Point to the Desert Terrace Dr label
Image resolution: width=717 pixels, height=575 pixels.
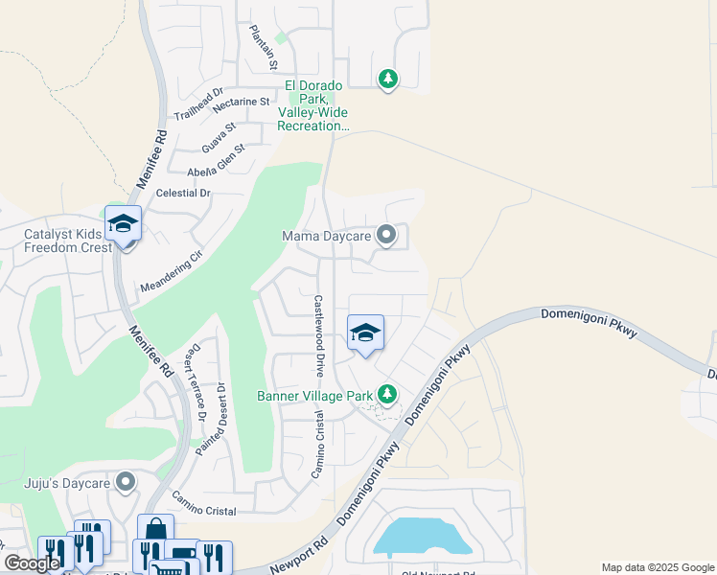coord(197,381)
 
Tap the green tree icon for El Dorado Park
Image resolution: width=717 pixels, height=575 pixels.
coord(387,79)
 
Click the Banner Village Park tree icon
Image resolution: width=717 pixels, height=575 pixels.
coord(386,394)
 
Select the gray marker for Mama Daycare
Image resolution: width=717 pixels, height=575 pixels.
coord(386,235)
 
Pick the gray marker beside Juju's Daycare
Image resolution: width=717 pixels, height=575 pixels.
coord(126,481)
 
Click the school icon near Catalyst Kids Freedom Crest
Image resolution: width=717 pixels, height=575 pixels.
coord(123,224)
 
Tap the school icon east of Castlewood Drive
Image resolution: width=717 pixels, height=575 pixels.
coord(365,333)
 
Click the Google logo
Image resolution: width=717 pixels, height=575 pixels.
coord(33,563)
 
